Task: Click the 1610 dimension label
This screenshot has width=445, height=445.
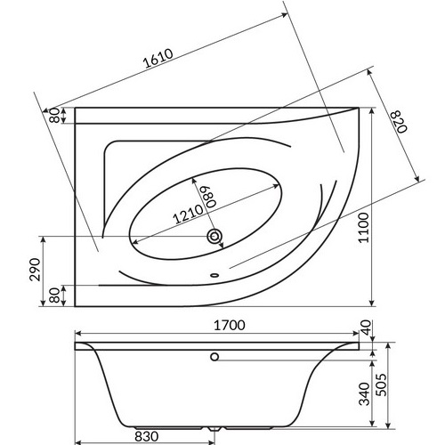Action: pyautogui.click(x=158, y=59)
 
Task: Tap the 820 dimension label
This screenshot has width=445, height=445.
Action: pyautogui.click(x=399, y=121)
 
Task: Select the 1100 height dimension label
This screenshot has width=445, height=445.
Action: pyautogui.click(x=364, y=228)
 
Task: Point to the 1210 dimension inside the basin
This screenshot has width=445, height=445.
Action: pyautogui.click(x=188, y=214)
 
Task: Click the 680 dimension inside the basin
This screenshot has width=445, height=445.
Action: pyautogui.click(x=209, y=197)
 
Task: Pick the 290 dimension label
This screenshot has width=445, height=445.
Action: pyautogui.click(x=36, y=270)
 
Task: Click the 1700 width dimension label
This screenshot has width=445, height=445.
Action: pyautogui.click(x=230, y=326)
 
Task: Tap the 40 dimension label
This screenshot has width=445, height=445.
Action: pyautogui.click(x=366, y=328)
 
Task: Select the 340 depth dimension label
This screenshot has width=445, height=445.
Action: pyautogui.click(x=365, y=393)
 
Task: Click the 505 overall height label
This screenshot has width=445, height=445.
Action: pyautogui.click(x=382, y=384)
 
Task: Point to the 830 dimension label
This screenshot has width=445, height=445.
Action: pyautogui.click(x=147, y=436)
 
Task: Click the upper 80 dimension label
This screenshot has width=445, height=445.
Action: pyautogui.click(x=54, y=116)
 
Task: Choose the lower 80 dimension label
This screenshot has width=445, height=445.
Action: pyautogui.click(x=54, y=295)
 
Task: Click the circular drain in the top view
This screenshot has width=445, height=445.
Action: pyautogui.click(x=214, y=236)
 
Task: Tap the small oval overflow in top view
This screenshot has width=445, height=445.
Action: pyautogui.click(x=214, y=275)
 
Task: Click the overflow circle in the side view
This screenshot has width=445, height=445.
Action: pyautogui.click(x=214, y=357)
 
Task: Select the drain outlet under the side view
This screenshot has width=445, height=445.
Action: pyautogui.click(x=214, y=429)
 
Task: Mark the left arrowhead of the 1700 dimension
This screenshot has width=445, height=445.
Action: pyautogui.click(x=77, y=334)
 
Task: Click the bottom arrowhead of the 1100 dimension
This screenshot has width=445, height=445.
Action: pyautogui.click(x=372, y=303)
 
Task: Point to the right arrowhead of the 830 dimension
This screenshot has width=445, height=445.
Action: pyautogui.click(x=211, y=443)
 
